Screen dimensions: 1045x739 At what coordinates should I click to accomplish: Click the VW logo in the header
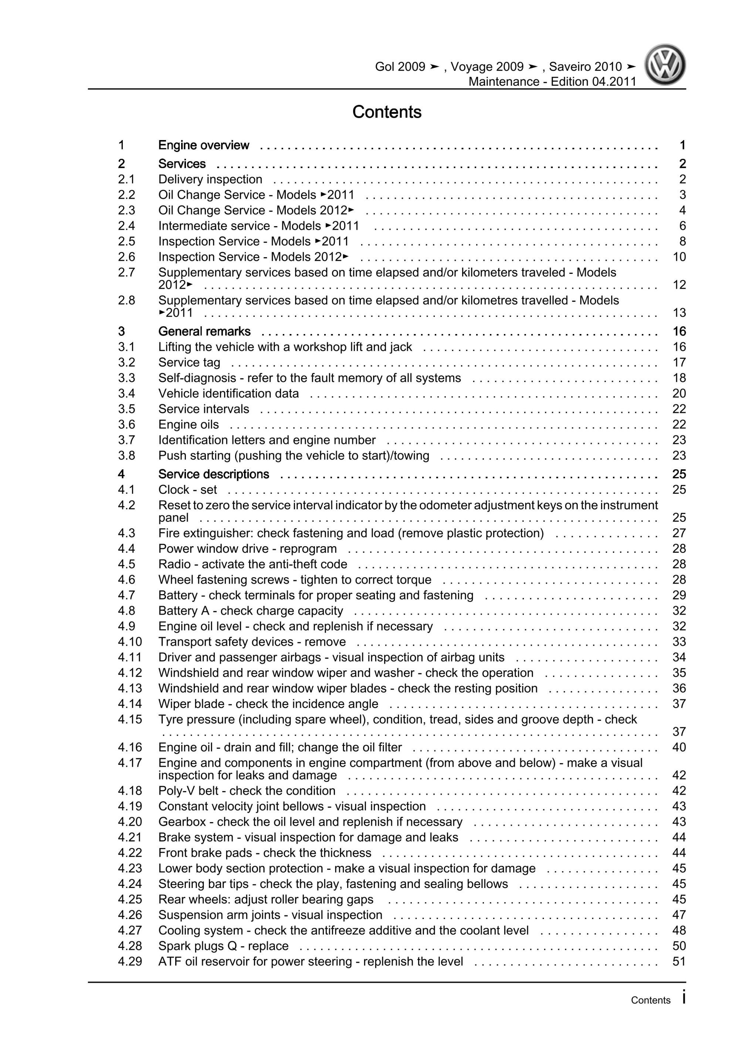pos(665,65)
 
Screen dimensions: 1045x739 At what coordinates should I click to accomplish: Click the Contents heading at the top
pos(387,112)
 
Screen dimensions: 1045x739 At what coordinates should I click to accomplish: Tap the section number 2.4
pos(126,226)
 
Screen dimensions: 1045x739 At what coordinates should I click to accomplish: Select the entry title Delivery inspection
pos(210,179)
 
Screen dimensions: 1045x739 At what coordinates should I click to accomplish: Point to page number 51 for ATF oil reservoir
pos(678,961)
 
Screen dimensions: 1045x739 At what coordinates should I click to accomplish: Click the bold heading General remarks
pos(204,331)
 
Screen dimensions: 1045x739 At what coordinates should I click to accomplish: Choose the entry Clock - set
pos(187,490)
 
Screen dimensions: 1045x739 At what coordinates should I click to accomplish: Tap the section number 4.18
pos(130,790)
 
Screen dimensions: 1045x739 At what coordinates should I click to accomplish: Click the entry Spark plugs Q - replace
pos(223,946)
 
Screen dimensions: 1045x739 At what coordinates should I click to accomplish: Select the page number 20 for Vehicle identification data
pos(678,393)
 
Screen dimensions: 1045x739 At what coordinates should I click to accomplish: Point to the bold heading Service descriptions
pos(214,474)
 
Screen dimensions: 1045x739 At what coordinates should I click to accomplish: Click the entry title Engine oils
pos(189,424)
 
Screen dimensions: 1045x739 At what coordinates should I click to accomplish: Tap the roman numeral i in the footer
pos(684,998)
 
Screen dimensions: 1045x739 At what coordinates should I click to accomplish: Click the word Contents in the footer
pos(650,1000)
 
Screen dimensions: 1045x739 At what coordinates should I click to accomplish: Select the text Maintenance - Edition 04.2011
pos(552,81)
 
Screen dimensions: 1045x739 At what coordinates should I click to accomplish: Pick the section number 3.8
pos(126,455)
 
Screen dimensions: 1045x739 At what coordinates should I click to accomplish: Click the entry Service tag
pos(189,362)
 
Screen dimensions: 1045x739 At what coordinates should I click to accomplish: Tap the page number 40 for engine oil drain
pos(678,747)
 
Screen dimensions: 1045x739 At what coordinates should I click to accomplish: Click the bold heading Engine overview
pos(204,145)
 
